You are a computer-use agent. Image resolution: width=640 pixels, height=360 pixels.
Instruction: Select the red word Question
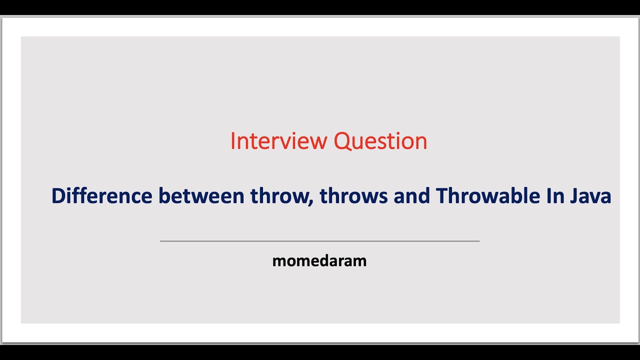pyautogui.click(x=380, y=141)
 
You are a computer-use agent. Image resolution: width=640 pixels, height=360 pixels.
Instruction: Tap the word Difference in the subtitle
pyautogui.click(x=101, y=196)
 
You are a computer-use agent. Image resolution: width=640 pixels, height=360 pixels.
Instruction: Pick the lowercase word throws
pyautogui.click(x=354, y=196)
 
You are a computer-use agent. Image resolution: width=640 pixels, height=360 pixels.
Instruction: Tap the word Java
pyautogui.click(x=590, y=196)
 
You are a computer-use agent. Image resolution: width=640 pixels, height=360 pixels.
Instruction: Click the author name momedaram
pyautogui.click(x=319, y=261)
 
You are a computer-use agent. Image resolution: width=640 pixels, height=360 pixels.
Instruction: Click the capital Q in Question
pyautogui.click(x=342, y=141)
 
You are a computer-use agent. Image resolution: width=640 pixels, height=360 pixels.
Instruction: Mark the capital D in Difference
pyautogui.click(x=58, y=196)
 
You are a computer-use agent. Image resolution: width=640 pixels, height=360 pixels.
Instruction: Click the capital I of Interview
pyautogui.click(x=232, y=141)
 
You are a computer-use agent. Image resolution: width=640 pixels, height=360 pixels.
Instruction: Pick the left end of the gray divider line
pyautogui.click(x=161, y=241)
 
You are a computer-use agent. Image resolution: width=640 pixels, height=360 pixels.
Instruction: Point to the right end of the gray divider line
pyautogui.click(x=478, y=241)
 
